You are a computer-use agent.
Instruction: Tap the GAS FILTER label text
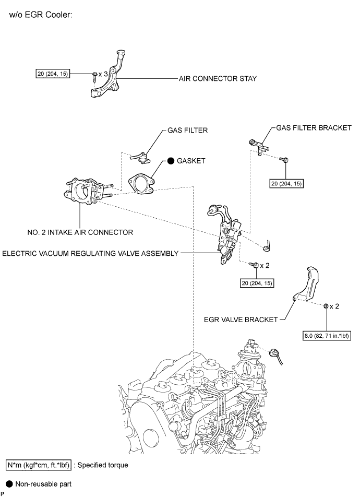point(181,130)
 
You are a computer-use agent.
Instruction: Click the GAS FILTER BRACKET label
point(314,127)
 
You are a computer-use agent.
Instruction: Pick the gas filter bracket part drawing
point(257,143)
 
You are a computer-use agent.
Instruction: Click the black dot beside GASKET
point(171,161)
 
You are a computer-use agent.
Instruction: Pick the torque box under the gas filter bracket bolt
point(286,183)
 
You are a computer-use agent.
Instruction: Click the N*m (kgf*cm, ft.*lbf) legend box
point(39,464)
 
